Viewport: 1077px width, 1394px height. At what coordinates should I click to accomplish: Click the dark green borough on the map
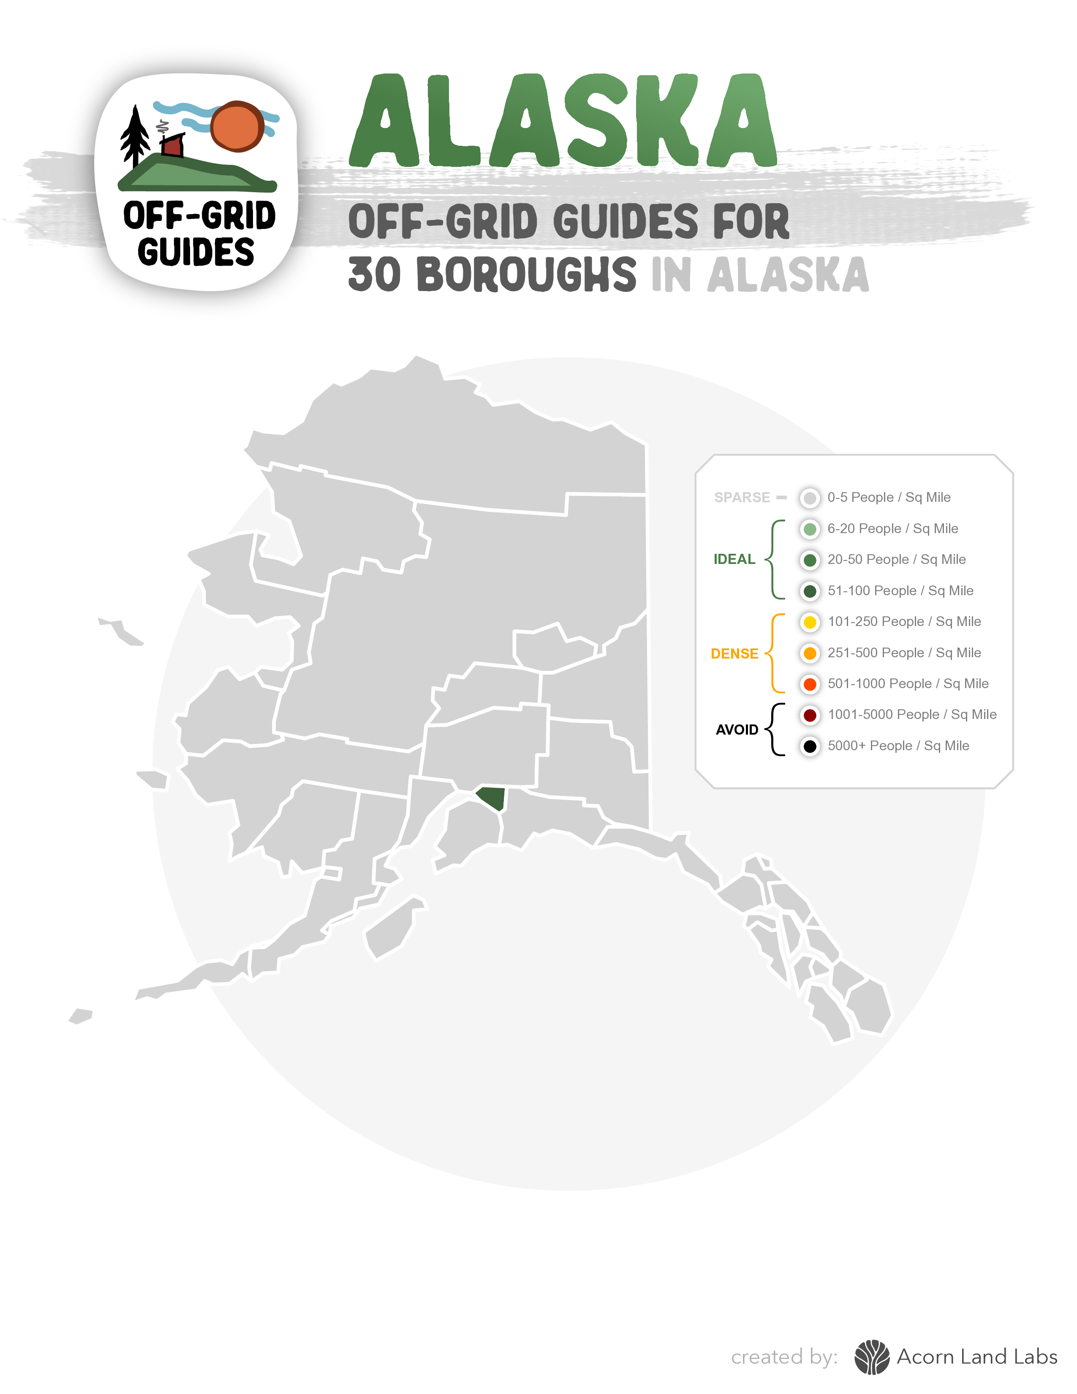point(492,797)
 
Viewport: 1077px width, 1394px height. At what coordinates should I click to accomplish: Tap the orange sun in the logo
point(237,126)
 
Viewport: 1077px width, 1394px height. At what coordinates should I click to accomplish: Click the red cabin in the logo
point(172,146)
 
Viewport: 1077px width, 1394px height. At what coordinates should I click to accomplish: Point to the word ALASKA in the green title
point(563,121)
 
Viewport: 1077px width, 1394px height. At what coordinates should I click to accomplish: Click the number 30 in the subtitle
point(375,275)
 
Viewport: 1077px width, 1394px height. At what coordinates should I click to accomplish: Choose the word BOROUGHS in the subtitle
point(526,275)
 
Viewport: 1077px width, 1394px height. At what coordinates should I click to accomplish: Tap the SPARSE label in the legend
point(742,497)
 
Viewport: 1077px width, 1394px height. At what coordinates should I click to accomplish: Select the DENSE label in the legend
point(734,653)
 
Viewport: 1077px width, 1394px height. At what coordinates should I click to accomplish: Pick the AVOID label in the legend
point(737,730)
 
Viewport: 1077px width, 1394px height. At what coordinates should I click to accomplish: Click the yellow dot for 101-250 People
point(810,622)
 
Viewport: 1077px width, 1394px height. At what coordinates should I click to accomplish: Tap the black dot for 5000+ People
point(810,746)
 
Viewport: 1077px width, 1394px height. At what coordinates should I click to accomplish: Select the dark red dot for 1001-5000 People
point(810,715)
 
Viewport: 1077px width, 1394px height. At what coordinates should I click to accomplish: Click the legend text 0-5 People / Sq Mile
point(889,497)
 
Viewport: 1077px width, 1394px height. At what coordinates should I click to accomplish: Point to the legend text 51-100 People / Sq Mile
point(900,591)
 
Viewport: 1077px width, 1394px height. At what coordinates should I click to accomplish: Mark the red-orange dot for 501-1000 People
point(810,684)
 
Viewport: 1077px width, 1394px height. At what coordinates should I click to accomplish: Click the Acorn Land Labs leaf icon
point(872,1357)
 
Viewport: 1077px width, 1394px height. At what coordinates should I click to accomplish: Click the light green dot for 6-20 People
point(810,529)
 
